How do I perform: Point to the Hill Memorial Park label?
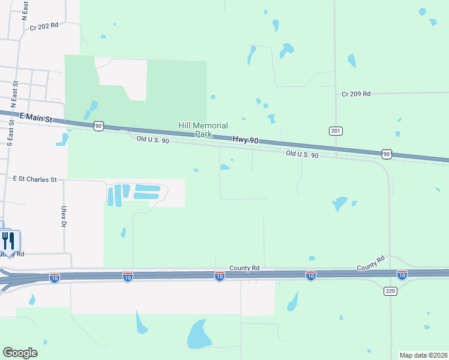203,130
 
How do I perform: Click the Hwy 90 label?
246,140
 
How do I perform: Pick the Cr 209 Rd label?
356,94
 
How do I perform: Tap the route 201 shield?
336,131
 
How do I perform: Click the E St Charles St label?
35,179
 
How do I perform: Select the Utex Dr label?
63,217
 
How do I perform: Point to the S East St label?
11,132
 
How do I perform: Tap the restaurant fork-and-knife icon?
8,241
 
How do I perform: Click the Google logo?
20,353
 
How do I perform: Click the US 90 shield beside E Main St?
98,125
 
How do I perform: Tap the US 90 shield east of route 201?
387,155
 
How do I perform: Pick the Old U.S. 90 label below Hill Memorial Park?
152,139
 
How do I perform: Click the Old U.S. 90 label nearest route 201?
301,154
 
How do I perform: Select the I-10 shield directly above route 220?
402,275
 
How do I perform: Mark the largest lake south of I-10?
196,334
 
